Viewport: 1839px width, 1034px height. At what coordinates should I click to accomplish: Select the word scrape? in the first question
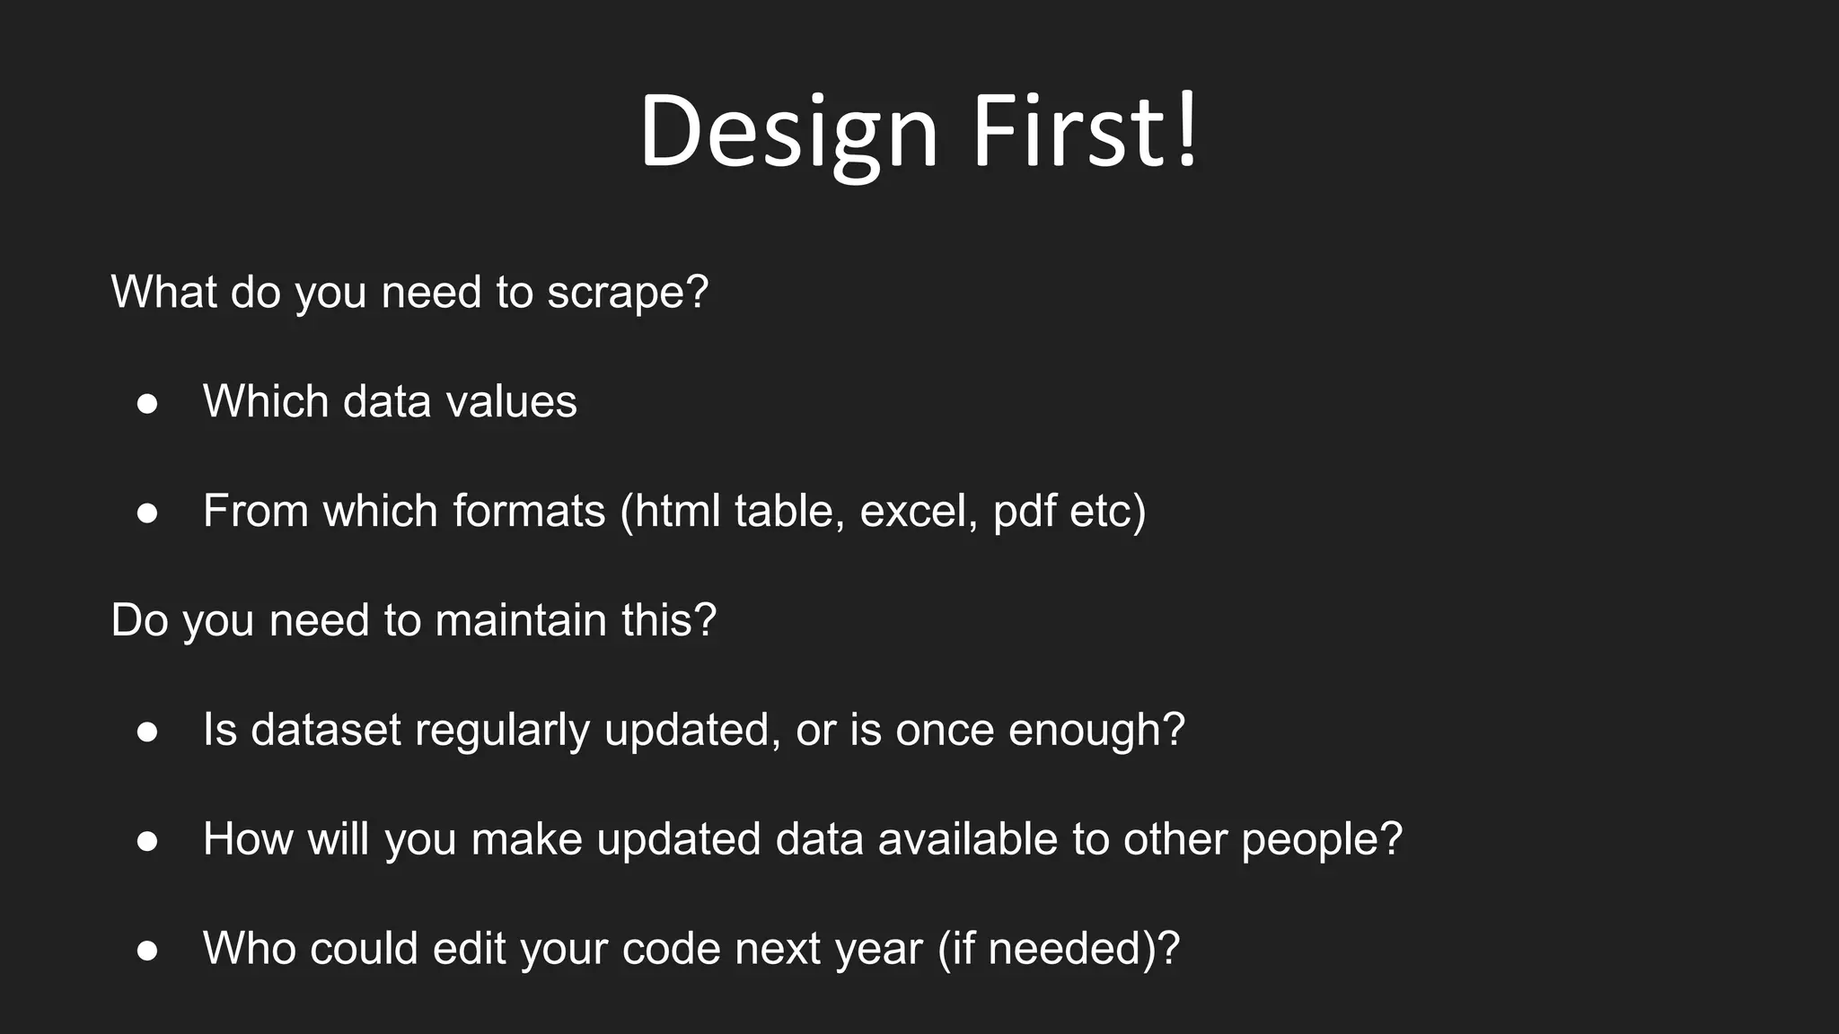point(628,293)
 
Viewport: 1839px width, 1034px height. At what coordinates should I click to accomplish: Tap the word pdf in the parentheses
point(1025,512)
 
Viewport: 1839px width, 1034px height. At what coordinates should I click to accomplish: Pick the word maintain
point(521,620)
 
